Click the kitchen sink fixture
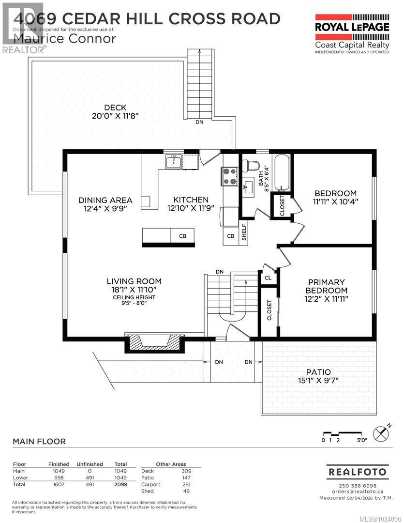coord(174,162)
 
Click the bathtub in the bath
coord(281,173)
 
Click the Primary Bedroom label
coord(327,286)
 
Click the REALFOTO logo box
coord(358,471)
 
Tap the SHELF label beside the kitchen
coord(244,231)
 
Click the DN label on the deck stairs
coord(199,122)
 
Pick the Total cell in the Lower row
coord(120,477)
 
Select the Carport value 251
coord(186,484)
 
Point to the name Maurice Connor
coord(65,38)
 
